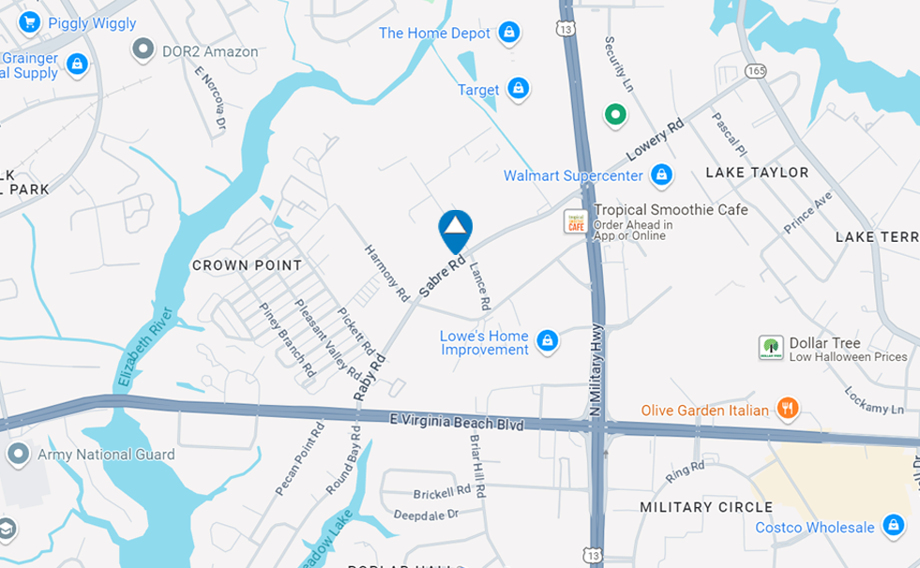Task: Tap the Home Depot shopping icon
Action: pyautogui.click(x=509, y=33)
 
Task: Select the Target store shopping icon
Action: pyautogui.click(x=518, y=89)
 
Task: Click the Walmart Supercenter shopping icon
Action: pyautogui.click(x=662, y=174)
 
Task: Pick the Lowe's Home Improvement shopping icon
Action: pyautogui.click(x=548, y=342)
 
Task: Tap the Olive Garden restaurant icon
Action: pyautogui.click(x=788, y=409)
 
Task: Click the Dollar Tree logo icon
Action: pyautogui.click(x=771, y=348)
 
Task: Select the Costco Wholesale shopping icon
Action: pyautogui.click(x=894, y=526)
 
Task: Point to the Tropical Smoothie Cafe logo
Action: pyautogui.click(x=575, y=222)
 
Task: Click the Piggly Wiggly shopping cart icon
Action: pyautogui.click(x=29, y=22)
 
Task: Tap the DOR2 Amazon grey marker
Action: pyautogui.click(x=143, y=50)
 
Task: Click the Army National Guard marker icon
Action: pyautogui.click(x=18, y=455)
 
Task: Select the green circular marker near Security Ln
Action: pyautogui.click(x=615, y=115)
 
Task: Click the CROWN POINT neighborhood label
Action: pyautogui.click(x=248, y=265)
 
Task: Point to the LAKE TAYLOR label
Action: pyautogui.click(x=757, y=172)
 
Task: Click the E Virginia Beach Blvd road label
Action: pyautogui.click(x=456, y=424)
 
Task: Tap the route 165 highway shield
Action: pyautogui.click(x=757, y=70)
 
